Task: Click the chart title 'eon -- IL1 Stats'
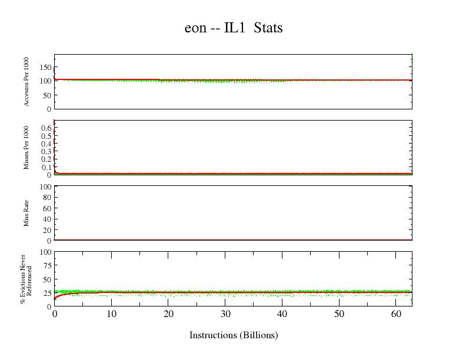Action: [234, 28]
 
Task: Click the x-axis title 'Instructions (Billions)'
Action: [234, 335]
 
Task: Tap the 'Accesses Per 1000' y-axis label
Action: [26, 82]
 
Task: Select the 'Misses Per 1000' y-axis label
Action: [26, 148]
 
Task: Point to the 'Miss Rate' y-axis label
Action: [26, 214]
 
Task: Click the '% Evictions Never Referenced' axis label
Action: [26, 279]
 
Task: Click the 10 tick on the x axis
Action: [111, 314]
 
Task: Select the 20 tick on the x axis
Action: [168, 314]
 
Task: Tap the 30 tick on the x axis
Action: [225, 314]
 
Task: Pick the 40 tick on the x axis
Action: [282, 314]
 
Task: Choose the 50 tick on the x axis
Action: [339, 314]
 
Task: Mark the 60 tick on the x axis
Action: [396, 314]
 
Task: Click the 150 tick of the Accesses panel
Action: [45, 67]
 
